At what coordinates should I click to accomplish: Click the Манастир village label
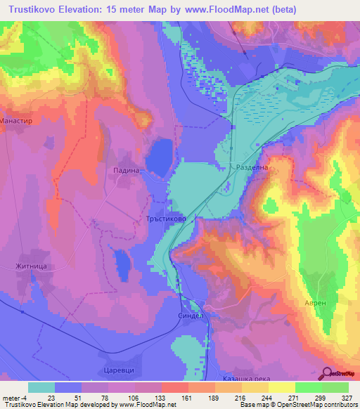20,120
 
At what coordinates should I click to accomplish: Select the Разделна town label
252,169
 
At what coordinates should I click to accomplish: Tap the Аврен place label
316,302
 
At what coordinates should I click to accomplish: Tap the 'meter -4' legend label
15,398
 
